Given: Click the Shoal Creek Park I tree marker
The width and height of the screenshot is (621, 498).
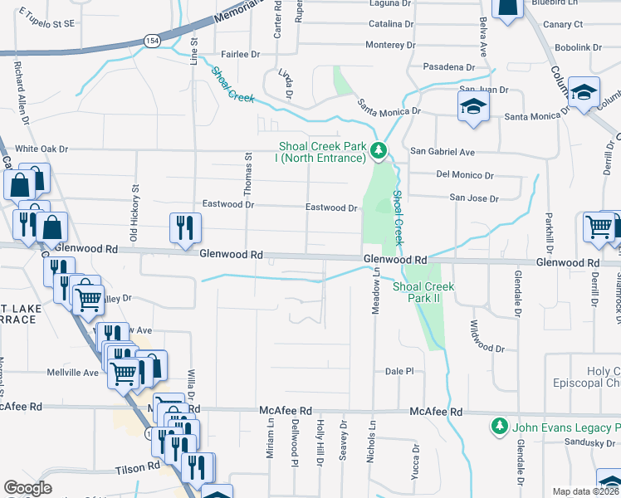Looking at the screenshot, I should coord(379,150).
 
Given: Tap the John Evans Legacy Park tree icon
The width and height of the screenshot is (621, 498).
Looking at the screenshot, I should coord(499,427).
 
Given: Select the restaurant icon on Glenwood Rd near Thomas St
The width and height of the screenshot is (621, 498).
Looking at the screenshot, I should coord(183,227).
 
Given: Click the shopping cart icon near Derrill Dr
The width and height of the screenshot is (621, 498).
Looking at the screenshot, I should coord(598,226).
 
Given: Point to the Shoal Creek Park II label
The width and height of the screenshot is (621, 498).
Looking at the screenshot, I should coord(423,291).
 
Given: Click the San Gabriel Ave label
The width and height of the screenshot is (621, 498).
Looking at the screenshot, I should coord(443,152).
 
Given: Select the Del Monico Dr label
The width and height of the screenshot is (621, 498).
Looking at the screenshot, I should coord(465,175).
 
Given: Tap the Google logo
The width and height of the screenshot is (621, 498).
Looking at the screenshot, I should coord(27,489).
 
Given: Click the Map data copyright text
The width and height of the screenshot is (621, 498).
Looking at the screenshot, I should coord(586,491).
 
